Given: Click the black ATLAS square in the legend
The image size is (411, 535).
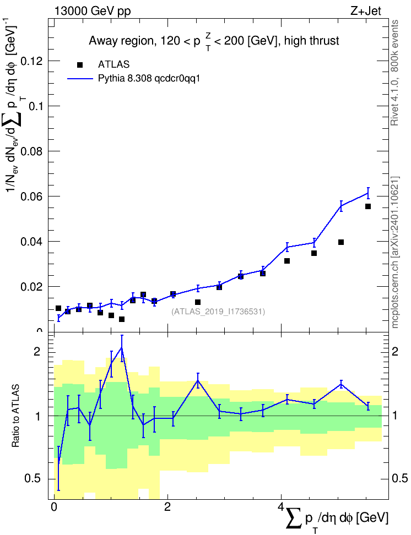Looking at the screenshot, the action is (x=80, y=65).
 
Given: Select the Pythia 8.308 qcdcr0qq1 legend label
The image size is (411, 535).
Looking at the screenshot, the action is (x=149, y=79).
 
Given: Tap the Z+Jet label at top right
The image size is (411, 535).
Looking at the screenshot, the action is (x=366, y=11).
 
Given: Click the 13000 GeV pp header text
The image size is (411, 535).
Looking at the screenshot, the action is (x=93, y=11).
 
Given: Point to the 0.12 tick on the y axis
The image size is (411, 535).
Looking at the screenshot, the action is (x=32, y=61).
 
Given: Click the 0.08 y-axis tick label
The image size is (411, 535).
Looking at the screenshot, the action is (x=32, y=151).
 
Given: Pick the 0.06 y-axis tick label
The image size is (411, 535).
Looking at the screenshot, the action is (x=32, y=196).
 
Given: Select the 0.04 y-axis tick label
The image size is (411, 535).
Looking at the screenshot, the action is (x=32, y=241).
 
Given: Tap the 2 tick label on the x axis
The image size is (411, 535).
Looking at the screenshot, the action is (x=167, y=506).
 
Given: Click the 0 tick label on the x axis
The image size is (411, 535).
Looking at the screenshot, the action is (x=53, y=506).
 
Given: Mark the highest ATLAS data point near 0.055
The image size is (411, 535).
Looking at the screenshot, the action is (x=368, y=206).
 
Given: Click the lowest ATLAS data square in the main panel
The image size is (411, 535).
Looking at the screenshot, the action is (x=122, y=319).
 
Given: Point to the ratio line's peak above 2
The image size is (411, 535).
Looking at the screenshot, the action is (x=122, y=347).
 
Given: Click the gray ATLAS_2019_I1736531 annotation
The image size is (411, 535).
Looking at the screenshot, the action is (x=218, y=312).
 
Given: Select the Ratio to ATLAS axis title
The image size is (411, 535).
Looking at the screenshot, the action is (x=15, y=416).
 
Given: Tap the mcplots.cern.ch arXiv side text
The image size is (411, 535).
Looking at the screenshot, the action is (x=395, y=253).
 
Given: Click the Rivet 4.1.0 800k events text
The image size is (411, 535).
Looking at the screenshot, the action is (x=394, y=73).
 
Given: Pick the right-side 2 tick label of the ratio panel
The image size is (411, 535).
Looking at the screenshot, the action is (x=395, y=351).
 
